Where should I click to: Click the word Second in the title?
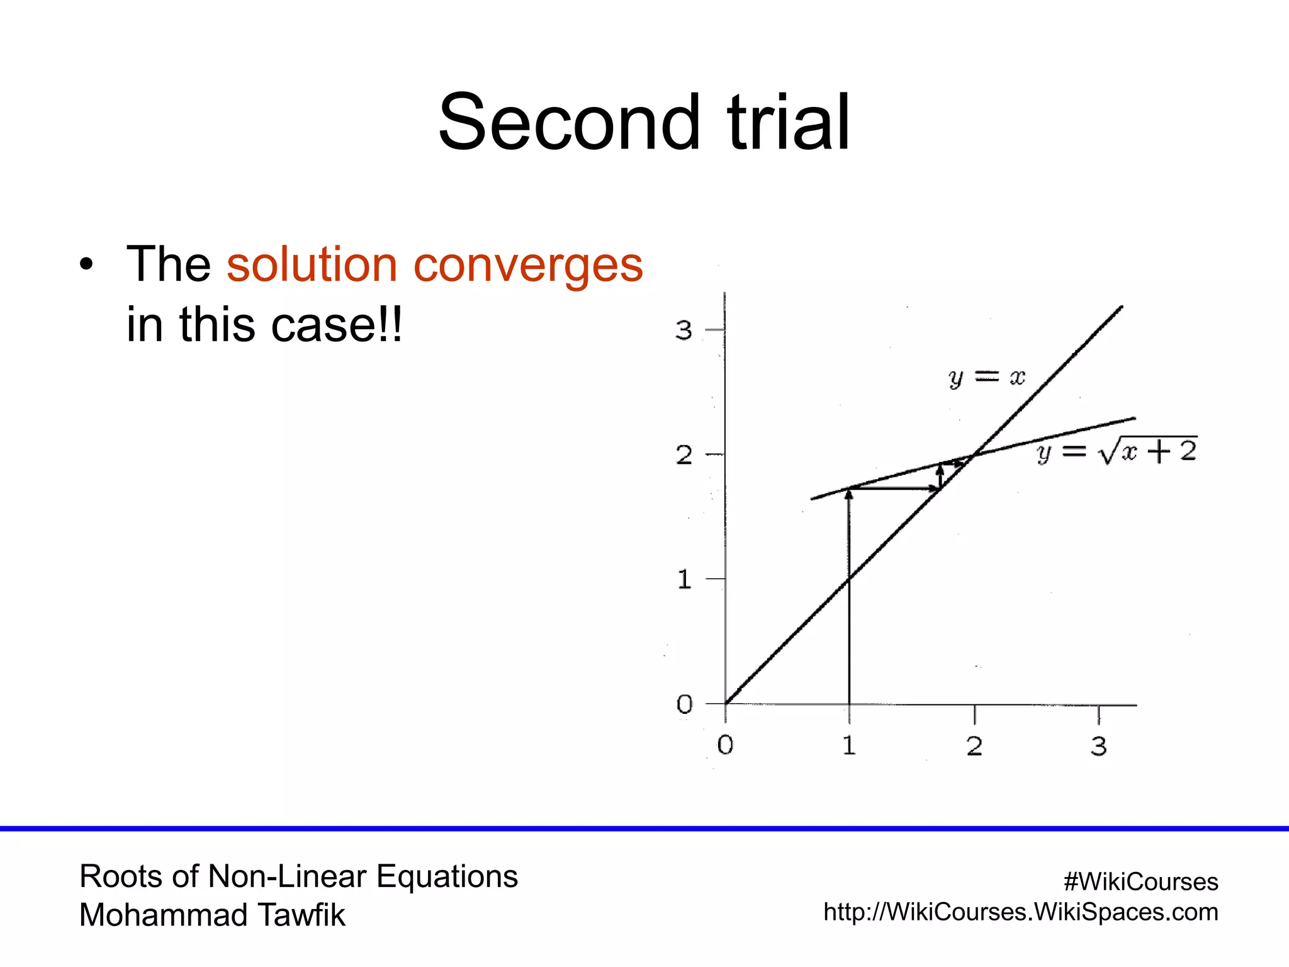[568, 122]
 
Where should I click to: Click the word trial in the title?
[789, 122]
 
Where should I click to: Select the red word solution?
[312, 264]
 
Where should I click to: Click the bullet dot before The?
[86, 264]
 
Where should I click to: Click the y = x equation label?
[986, 378]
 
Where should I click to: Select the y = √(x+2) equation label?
[1117, 451]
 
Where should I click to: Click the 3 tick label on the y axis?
[684, 331]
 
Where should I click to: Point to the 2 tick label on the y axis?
[684, 455]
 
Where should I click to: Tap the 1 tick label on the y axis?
[684, 579]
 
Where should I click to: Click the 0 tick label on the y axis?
[684, 704]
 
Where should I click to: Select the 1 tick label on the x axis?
[849, 746]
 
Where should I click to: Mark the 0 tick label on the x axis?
[725, 745]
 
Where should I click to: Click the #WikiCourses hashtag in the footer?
[1140, 882]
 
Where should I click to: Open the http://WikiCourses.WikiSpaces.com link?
[1020, 912]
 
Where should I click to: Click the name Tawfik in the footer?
[302, 915]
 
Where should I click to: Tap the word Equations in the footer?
[447, 876]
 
